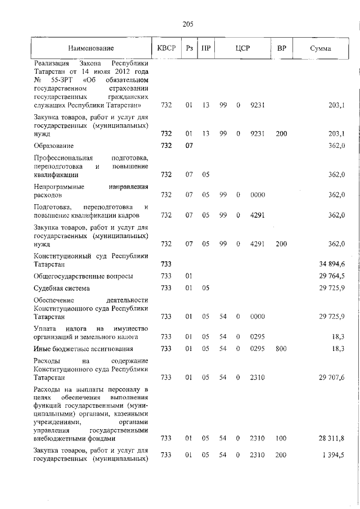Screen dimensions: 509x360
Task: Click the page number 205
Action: [188, 24]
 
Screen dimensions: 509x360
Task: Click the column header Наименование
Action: [91, 48]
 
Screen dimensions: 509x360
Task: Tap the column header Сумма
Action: [320, 48]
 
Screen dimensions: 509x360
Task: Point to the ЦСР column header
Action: [242, 48]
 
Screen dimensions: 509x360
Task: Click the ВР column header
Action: [282, 48]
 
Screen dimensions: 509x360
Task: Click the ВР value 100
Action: [281, 438]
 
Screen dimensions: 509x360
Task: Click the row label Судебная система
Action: [63, 288]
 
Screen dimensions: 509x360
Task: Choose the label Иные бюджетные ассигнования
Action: [82, 349]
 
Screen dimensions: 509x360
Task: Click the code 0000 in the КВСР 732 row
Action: [257, 195]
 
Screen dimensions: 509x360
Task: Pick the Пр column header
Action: [206, 48]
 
